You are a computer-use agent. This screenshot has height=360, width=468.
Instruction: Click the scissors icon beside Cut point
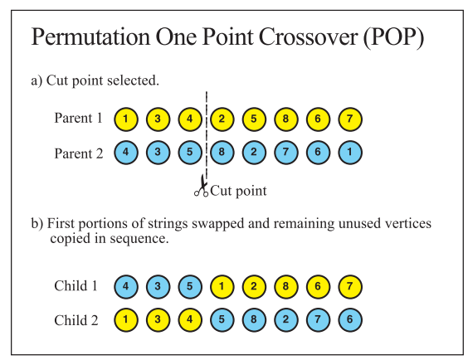click(202, 186)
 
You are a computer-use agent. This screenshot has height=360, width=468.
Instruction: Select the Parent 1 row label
click(79, 118)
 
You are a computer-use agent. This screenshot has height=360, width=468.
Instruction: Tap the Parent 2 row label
click(79, 154)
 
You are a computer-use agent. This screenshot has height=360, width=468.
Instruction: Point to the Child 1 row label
click(76, 285)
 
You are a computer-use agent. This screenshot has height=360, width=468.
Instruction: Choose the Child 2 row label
click(76, 320)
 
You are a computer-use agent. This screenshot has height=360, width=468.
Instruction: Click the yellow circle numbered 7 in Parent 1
click(350, 119)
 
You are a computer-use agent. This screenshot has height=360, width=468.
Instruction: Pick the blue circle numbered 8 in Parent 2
click(222, 153)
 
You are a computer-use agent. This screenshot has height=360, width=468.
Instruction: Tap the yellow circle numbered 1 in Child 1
click(222, 287)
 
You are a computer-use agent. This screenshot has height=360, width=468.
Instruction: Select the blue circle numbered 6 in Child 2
click(350, 319)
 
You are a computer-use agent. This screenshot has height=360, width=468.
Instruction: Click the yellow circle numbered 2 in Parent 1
click(222, 119)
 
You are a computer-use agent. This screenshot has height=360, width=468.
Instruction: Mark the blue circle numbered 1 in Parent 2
click(350, 153)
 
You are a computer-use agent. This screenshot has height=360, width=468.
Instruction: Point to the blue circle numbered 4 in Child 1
click(126, 287)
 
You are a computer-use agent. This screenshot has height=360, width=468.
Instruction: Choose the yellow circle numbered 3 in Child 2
click(158, 319)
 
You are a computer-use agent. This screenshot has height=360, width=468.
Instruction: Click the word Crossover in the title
click(308, 37)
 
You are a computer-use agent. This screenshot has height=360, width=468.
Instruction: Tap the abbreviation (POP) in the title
click(393, 37)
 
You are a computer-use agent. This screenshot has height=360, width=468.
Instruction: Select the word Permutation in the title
click(90, 37)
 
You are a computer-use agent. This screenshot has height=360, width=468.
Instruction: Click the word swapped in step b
click(217, 224)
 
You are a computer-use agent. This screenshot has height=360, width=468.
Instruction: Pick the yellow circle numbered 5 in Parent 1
click(254, 119)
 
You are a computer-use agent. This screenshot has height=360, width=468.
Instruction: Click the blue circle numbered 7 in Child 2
click(318, 319)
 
